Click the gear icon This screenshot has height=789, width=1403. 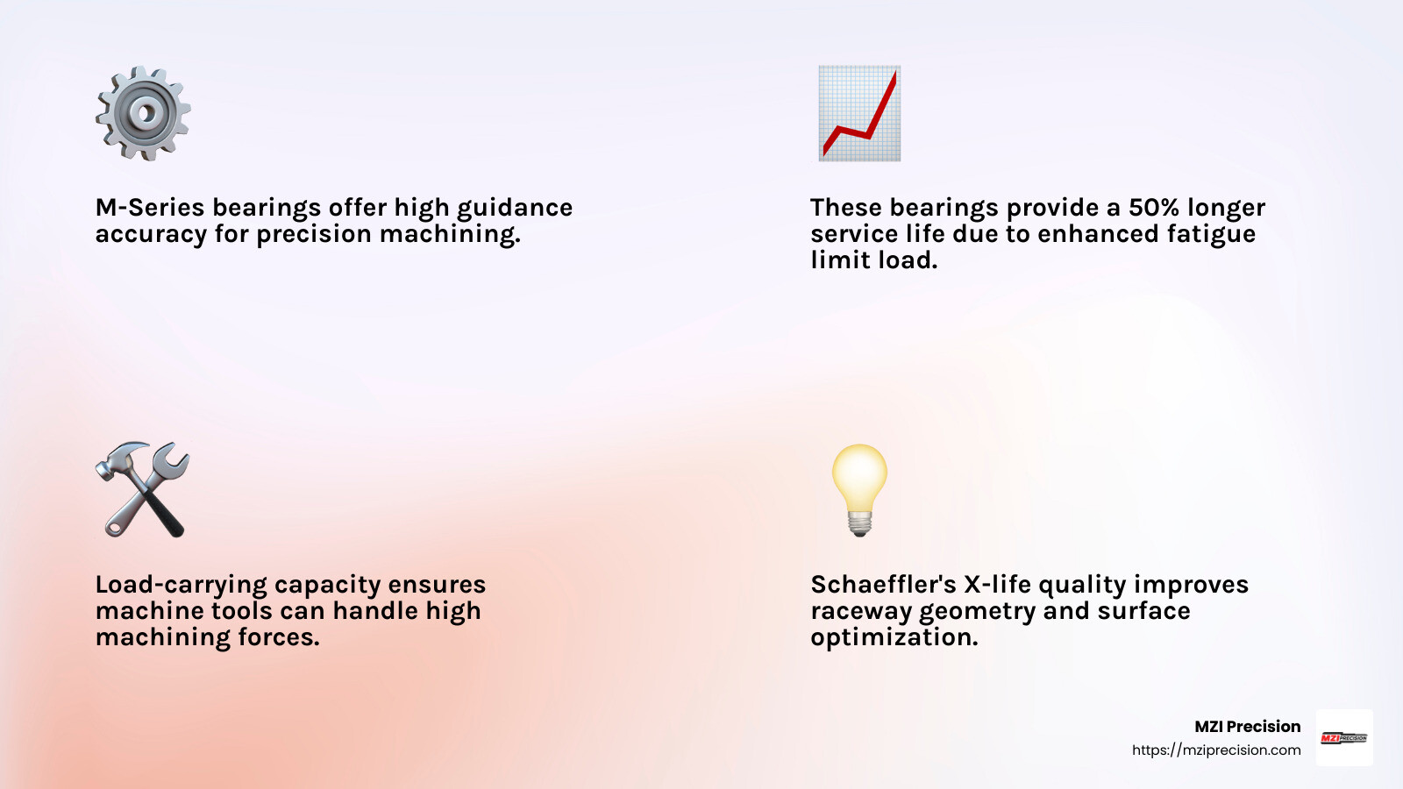[143, 113]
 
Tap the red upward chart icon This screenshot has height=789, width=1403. [859, 113]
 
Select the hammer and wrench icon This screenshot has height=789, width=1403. [142, 489]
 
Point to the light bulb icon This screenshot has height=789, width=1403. [859, 489]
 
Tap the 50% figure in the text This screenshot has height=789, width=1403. [1153, 208]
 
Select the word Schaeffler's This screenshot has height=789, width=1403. [883, 585]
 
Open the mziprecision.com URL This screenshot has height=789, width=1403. [1216, 750]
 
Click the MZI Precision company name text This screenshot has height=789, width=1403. [1247, 727]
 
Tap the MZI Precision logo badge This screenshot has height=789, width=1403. [1344, 737]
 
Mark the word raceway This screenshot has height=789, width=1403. [861, 611]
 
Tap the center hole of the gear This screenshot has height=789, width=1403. [145, 112]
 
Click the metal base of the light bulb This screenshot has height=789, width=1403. [859, 524]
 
